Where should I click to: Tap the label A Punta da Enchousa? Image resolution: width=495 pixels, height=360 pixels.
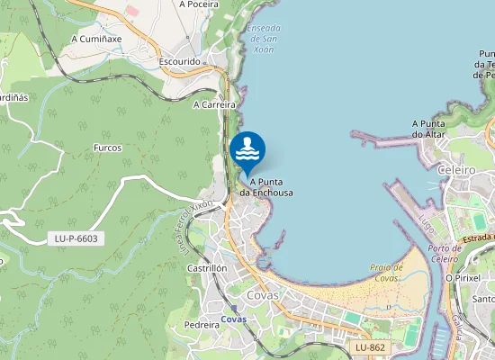(265, 186)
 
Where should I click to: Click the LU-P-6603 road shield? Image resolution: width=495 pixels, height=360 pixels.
(76, 238)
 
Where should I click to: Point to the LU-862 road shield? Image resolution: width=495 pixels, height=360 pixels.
(369, 346)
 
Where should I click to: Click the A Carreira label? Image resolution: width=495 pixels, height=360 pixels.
(214, 104)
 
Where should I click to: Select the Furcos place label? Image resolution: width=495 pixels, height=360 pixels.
(107, 148)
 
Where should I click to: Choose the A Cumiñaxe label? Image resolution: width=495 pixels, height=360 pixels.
(97, 40)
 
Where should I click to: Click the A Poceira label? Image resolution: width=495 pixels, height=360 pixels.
(201, 4)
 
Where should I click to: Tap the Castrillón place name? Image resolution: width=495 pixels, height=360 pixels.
(207, 268)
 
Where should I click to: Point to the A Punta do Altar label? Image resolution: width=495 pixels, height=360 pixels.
(430, 129)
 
